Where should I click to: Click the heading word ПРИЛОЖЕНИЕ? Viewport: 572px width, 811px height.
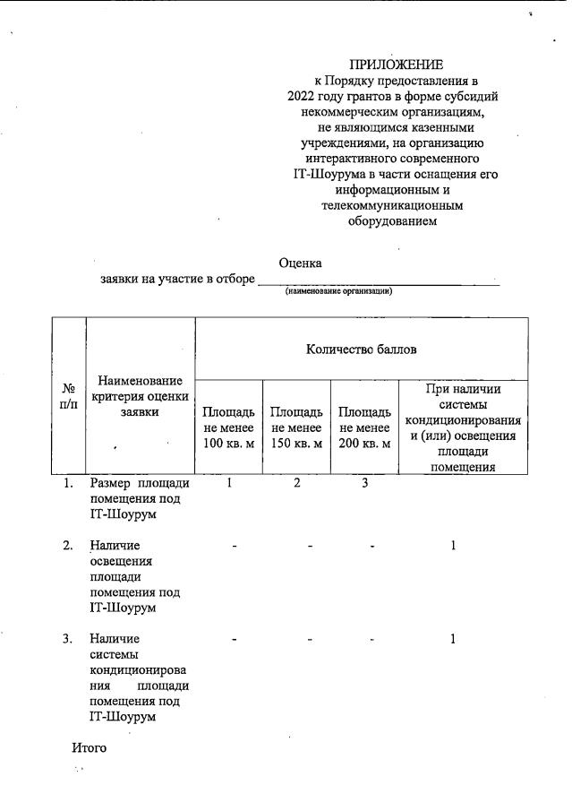point(396,64)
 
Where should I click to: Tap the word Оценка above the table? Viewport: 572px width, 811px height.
point(300,263)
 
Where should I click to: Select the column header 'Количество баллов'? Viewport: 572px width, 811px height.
point(361,349)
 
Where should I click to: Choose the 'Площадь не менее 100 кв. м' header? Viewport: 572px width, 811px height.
point(228,427)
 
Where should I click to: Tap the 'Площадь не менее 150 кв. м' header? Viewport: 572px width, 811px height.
point(296,427)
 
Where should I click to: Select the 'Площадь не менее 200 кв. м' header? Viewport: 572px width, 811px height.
point(364,427)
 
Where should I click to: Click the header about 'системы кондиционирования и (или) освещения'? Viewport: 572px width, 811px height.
point(463,427)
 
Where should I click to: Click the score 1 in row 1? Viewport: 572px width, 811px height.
point(229,484)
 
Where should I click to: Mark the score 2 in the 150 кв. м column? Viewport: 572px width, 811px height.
point(297,484)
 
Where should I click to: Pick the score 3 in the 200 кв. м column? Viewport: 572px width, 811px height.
point(364,484)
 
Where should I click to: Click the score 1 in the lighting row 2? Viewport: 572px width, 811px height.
point(454,546)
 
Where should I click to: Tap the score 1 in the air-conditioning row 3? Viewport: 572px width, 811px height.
point(454,639)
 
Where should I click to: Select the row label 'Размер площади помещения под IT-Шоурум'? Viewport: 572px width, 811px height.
point(139,499)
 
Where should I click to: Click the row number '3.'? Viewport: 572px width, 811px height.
point(67,639)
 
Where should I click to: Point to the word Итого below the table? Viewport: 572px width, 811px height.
point(89,746)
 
